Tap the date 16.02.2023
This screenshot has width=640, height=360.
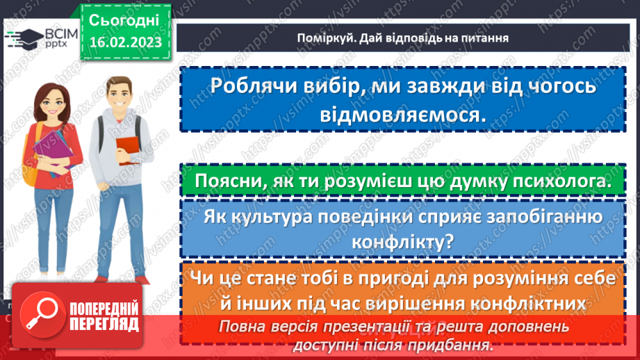(x=125, y=42)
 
